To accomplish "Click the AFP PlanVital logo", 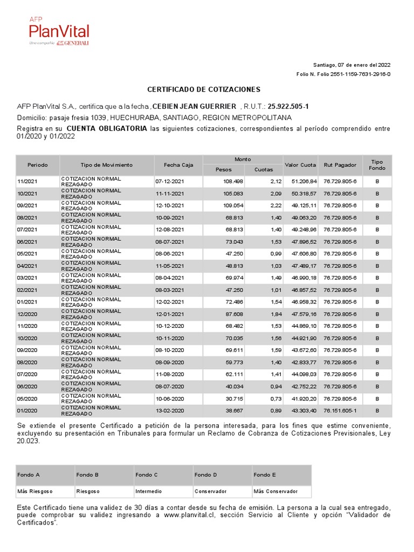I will [x=59, y=31].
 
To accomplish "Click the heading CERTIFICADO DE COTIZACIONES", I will [x=204, y=89].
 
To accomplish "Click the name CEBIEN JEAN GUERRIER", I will [x=195, y=107].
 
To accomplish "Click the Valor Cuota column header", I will [x=300, y=165].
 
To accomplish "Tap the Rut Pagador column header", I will [x=340, y=165].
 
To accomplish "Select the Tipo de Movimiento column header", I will [x=106, y=165].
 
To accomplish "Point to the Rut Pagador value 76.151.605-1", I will [x=340, y=411].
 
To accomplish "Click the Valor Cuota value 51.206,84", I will [x=304, y=182].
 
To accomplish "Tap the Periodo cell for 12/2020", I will [x=27, y=314].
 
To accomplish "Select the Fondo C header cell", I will [x=147, y=475].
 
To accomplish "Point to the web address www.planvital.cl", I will [x=186, y=515].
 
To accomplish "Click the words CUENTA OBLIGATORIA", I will [x=106, y=129].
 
